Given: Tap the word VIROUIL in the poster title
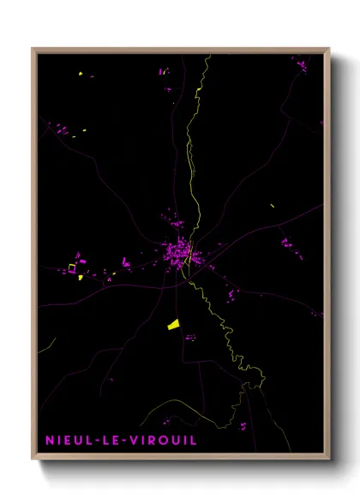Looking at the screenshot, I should [x=161, y=440].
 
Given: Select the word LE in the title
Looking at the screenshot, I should [x=111, y=440].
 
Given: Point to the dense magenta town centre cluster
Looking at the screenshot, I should [x=180, y=252].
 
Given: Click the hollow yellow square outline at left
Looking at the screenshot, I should [x=72, y=268].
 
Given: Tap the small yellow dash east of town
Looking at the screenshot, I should [x=272, y=206].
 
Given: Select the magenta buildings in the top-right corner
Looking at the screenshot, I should [x=302, y=63].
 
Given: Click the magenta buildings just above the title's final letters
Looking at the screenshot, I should [x=243, y=425].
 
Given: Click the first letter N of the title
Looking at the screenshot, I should [x=50, y=440].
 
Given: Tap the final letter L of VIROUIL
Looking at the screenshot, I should [x=193, y=440].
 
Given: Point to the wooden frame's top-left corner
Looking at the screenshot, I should [x=33, y=50].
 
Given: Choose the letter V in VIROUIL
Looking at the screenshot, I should [x=131, y=440].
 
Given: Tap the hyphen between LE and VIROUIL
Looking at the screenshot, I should [x=121, y=440].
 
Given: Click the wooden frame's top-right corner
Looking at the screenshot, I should [x=328, y=50].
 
